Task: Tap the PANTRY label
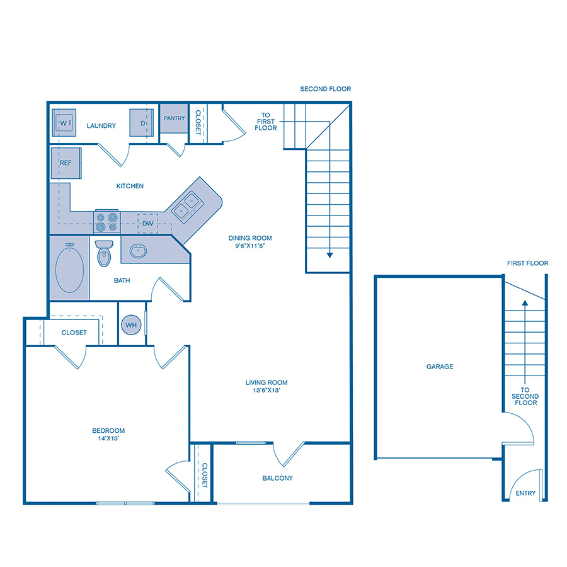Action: (x=174, y=118)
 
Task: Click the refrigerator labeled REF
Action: (x=66, y=163)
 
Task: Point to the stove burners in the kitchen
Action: (x=107, y=221)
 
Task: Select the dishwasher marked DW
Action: (x=147, y=223)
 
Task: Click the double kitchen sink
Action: (x=186, y=206)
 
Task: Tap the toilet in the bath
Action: (x=103, y=253)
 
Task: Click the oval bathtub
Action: (x=70, y=268)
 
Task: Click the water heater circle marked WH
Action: (x=132, y=325)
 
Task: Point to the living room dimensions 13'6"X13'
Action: (x=266, y=391)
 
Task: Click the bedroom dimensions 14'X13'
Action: (x=105, y=439)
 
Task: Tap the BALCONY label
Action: (x=277, y=478)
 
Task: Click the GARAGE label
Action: (x=439, y=367)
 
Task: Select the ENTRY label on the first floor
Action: (x=525, y=493)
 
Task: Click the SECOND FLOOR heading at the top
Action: (x=325, y=89)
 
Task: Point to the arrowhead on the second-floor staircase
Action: (x=328, y=255)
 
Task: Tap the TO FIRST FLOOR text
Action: (x=266, y=122)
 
